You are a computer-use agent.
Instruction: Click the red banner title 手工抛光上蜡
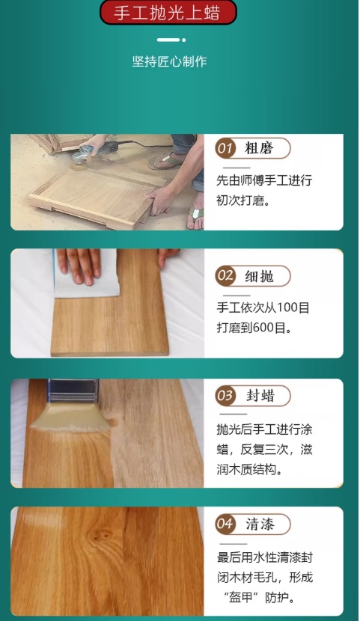click(x=168, y=12)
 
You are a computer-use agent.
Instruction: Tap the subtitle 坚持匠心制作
click(x=169, y=61)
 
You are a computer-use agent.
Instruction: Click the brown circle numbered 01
click(x=225, y=149)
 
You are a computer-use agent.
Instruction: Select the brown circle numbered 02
click(x=225, y=275)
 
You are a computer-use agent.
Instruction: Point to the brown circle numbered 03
click(x=225, y=395)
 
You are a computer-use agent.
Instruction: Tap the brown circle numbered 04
click(x=225, y=524)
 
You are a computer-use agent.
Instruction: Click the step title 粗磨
click(x=259, y=149)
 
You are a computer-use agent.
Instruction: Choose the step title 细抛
click(x=259, y=276)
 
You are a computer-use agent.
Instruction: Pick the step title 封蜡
click(x=260, y=396)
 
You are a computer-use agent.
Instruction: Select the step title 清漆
click(x=260, y=524)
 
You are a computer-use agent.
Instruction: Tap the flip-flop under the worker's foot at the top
click(x=166, y=160)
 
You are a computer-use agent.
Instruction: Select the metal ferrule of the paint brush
click(x=73, y=391)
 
